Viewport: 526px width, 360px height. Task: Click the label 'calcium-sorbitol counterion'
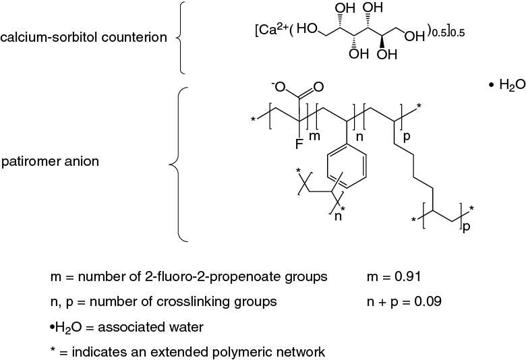(84, 37)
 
